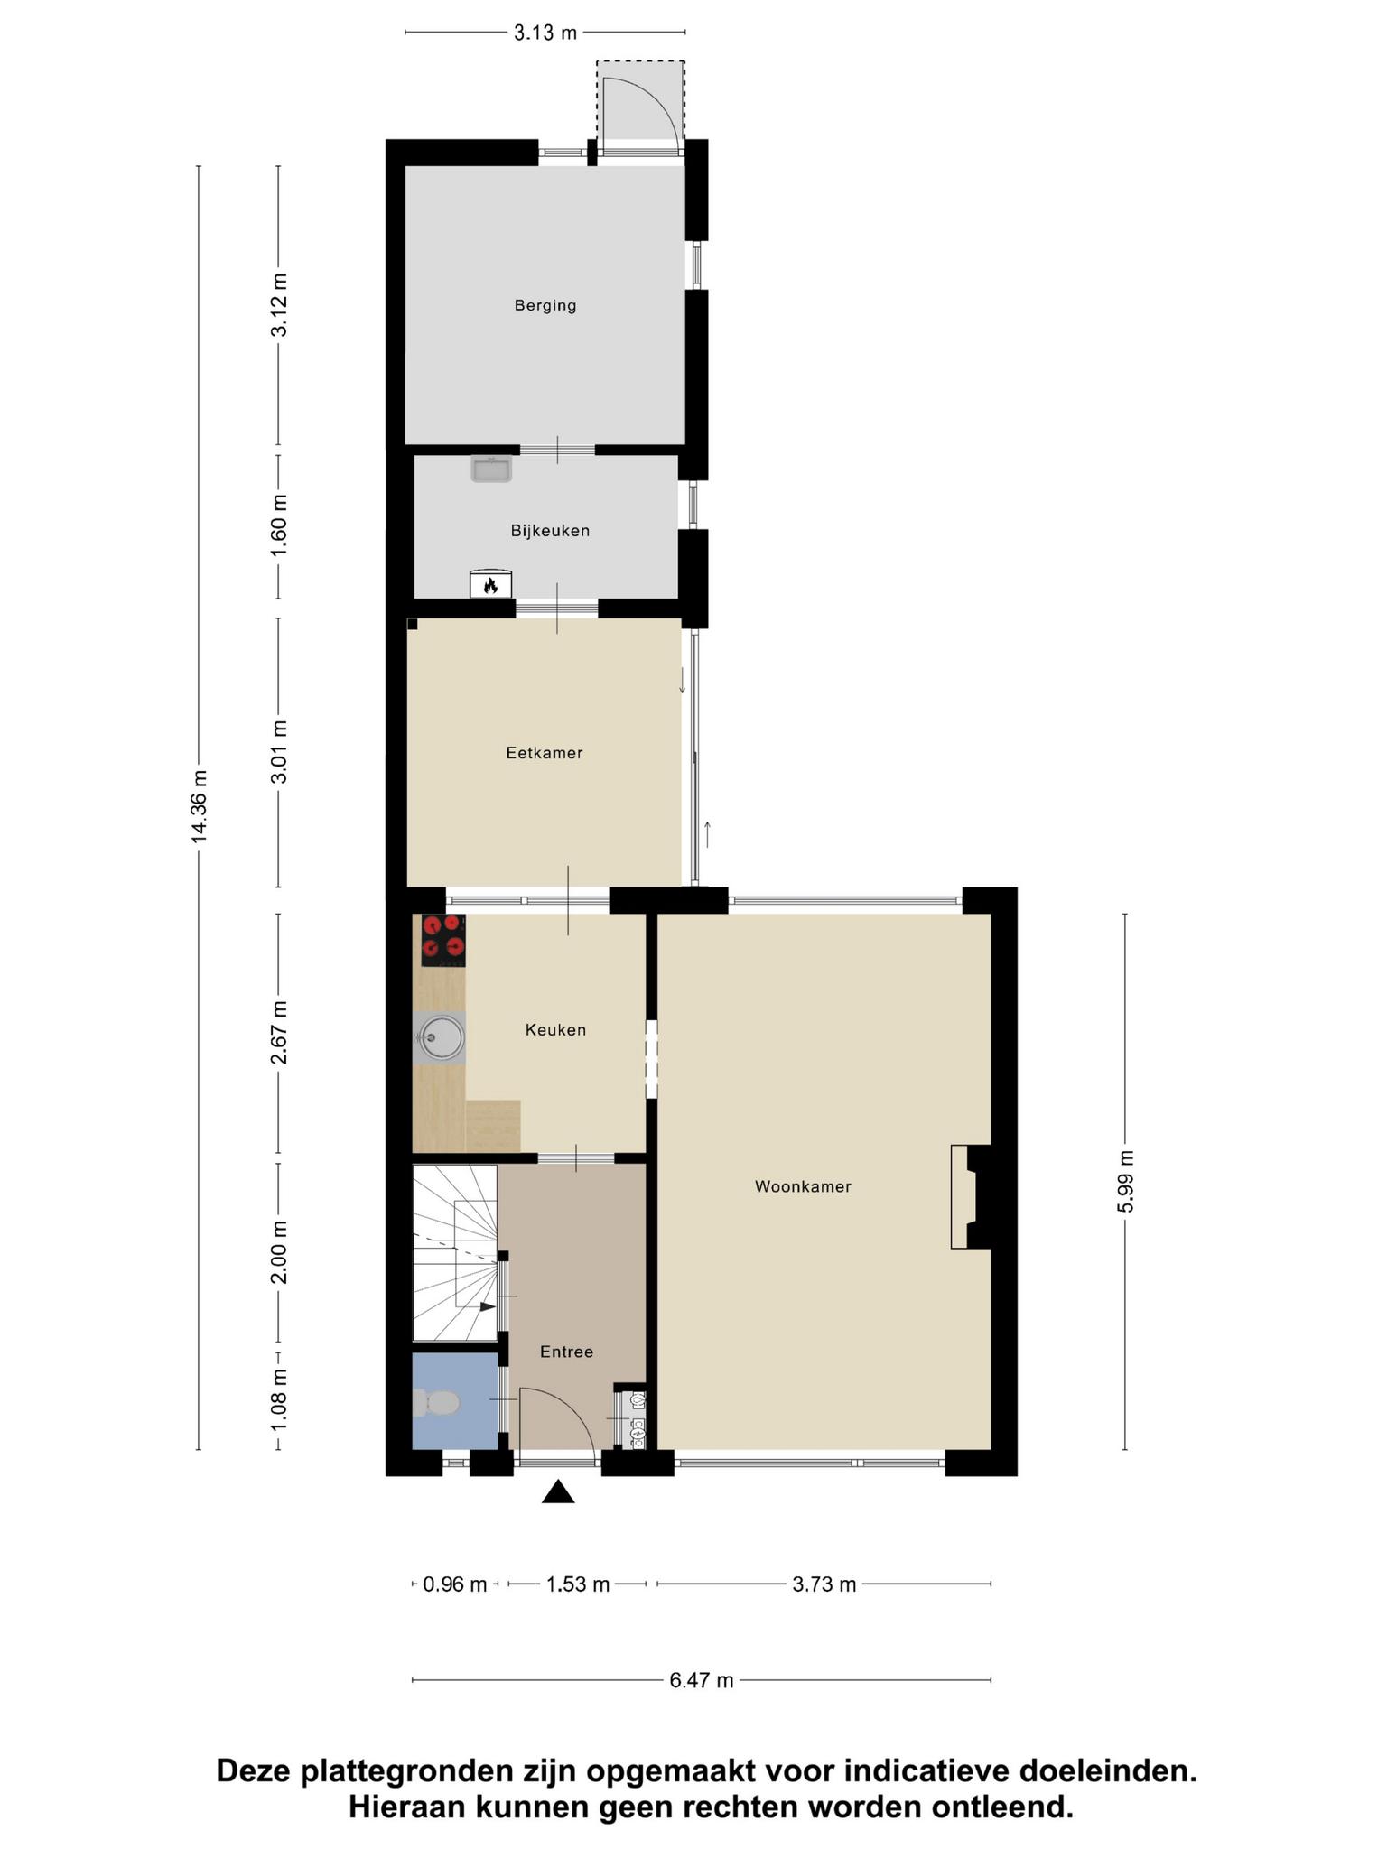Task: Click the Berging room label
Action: (545, 305)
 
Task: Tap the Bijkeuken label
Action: (550, 531)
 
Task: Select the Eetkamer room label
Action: (545, 753)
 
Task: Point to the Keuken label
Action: (556, 1029)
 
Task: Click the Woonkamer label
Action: (803, 1186)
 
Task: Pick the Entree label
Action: (566, 1352)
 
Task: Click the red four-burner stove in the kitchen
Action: (443, 941)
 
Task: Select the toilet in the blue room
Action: (436, 1402)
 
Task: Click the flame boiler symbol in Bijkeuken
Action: (490, 584)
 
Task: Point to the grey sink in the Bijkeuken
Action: (491, 469)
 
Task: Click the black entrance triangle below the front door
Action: (558, 1492)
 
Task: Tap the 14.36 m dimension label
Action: (200, 806)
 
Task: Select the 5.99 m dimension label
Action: (1126, 1183)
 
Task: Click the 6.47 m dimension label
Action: (702, 1680)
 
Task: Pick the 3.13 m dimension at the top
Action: (545, 33)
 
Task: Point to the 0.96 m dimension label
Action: (455, 1584)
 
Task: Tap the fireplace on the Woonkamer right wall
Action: (972, 1197)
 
